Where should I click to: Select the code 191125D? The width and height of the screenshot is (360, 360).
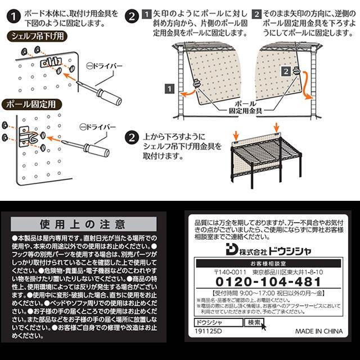(206, 332)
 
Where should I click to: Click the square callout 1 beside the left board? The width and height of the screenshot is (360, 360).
(168, 88)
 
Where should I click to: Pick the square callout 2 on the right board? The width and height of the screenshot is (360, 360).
(286, 71)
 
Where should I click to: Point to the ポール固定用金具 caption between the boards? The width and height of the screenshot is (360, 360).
(246, 108)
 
